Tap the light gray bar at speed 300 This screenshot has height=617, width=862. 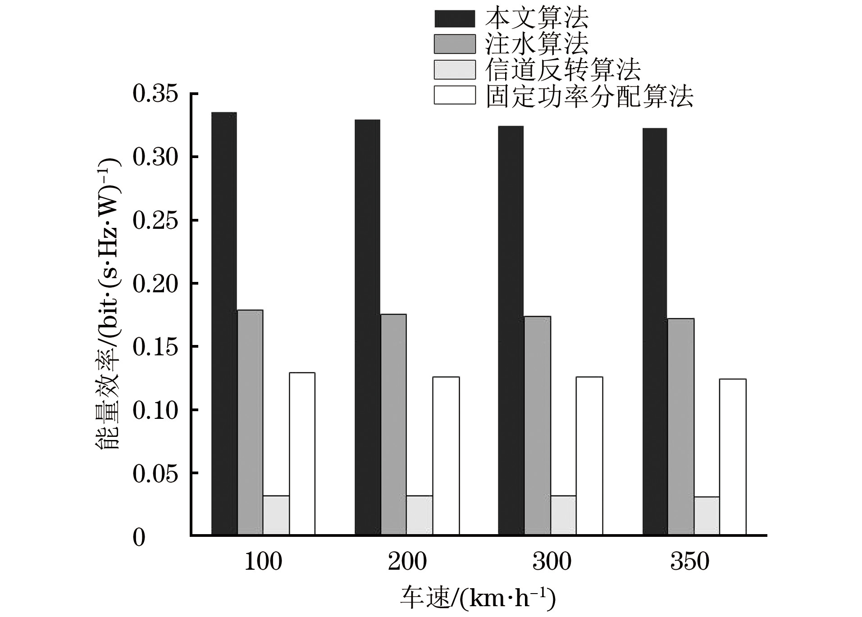coord(563,515)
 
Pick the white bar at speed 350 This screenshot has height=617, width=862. coord(732,457)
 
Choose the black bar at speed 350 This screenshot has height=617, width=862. coord(655,331)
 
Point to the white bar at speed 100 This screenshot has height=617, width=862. coord(302,454)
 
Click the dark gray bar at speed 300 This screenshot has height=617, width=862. coord(537,426)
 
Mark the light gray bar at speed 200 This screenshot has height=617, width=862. coord(420,515)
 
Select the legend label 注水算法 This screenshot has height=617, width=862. coord(537,44)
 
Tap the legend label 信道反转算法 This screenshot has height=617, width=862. coord(563,70)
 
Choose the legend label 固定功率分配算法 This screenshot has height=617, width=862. coord(589,95)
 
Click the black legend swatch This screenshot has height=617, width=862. coord(454,19)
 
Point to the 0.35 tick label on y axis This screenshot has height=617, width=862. coord(155,95)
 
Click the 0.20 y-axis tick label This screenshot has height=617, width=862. coord(155,284)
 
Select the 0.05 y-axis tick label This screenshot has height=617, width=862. coord(155,474)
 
